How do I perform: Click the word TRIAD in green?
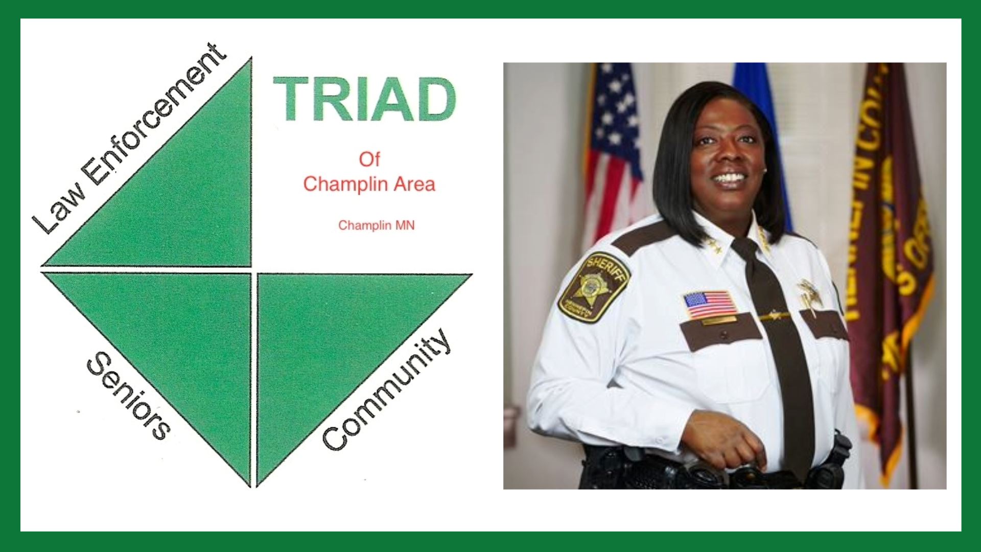(364, 100)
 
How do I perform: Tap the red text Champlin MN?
(376, 225)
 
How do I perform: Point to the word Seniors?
(128, 395)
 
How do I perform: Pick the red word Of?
(369, 159)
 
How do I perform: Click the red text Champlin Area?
(369, 184)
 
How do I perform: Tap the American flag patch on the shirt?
(710, 305)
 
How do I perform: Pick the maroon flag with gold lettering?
(889, 230)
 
